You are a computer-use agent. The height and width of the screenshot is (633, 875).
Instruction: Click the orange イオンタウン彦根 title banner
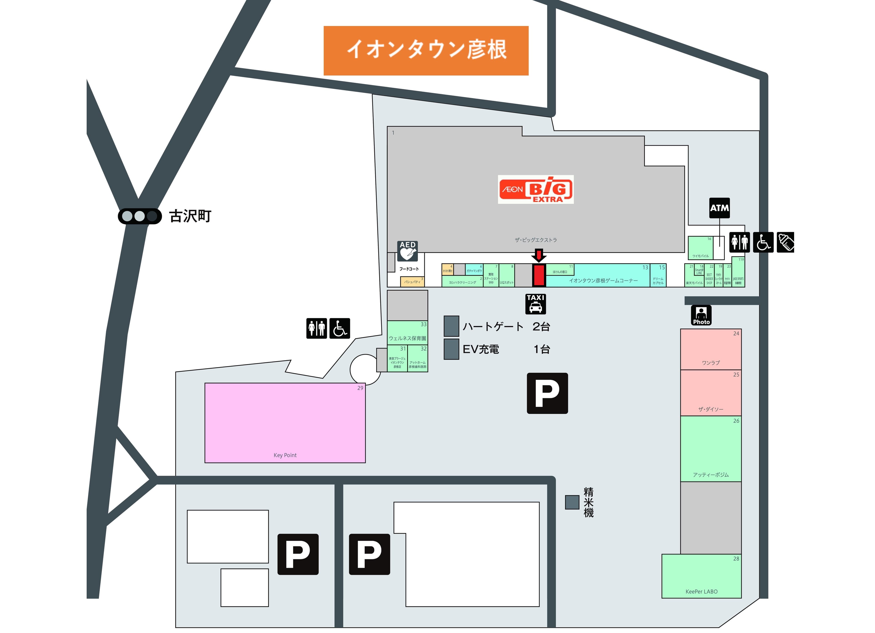(426, 51)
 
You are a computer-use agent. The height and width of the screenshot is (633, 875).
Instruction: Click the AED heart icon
(407, 251)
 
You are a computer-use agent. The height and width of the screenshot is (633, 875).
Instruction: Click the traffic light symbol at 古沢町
(140, 216)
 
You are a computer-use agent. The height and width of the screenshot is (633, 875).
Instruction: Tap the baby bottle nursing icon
(785, 242)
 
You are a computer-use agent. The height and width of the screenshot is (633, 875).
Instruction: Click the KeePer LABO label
(701, 591)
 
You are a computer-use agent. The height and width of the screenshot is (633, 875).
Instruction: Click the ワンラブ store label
(711, 363)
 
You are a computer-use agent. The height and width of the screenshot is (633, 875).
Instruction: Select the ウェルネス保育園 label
(407, 338)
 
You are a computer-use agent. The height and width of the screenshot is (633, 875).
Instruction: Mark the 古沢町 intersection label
(190, 216)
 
